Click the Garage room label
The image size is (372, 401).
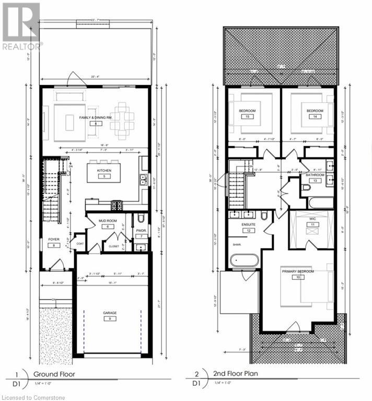click(110, 313)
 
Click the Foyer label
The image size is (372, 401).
click(54, 240)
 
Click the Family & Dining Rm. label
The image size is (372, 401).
click(96, 117)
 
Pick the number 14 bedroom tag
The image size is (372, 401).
click(315, 117)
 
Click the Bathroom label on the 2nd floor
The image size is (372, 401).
click(315, 175)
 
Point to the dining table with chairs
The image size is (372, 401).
click(122, 120)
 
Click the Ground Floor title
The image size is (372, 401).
click(54, 374)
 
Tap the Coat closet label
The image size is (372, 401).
click(80, 243)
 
